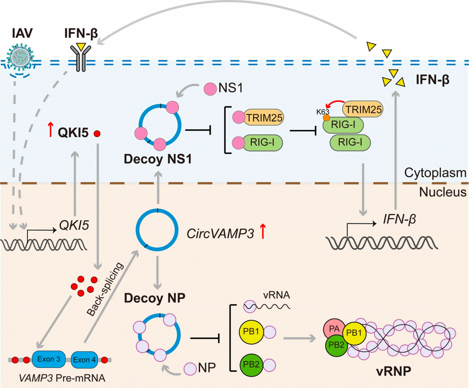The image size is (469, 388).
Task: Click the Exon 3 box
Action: pyautogui.click(x=49, y=360)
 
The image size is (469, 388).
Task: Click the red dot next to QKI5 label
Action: pyautogui.click(x=97, y=134)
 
